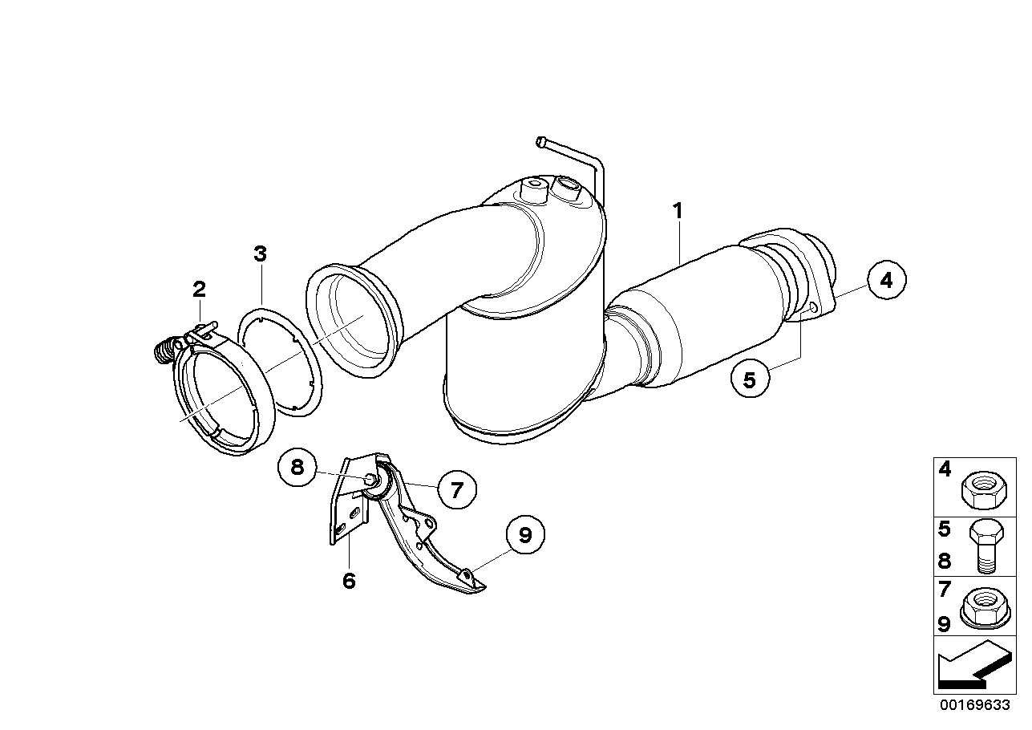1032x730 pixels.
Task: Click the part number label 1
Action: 678,211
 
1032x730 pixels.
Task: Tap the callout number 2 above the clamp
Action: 199,290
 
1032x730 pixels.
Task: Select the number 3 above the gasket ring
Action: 261,254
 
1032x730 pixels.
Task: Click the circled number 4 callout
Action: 886,280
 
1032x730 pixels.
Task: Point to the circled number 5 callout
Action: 750,379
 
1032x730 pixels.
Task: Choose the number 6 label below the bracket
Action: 350,581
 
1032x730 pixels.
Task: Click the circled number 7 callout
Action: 456,490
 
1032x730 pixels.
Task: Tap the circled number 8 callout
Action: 297,468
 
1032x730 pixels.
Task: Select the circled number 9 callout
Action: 525,535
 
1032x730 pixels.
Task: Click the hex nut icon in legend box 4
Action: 984,490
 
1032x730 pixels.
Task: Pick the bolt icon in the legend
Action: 986,546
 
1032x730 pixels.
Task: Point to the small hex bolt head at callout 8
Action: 370,480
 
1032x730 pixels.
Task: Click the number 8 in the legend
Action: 945,562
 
